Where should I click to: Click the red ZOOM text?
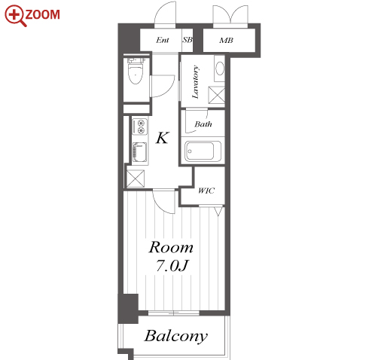pyautogui.click(x=43, y=14)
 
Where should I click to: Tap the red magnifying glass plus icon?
pyautogui.click(x=15, y=16)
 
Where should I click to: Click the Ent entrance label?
pyautogui.click(x=163, y=40)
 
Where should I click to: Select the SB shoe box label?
pyautogui.click(x=187, y=40)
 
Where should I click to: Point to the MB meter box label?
pyautogui.click(x=226, y=40)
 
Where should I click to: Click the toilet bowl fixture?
pyautogui.click(x=136, y=71)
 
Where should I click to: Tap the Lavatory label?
pyautogui.click(x=195, y=82)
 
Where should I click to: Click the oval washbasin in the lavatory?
pyautogui.click(x=220, y=68)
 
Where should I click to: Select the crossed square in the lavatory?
pyautogui.click(x=217, y=95)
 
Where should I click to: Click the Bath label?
pyautogui.click(x=203, y=124)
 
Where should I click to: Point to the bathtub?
pyautogui.click(x=203, y=151)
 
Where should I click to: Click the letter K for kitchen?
pyautogui.click(x=162, y=138)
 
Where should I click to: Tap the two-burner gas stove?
pyautogui.click(x=140, y=127)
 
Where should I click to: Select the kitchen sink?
pyautogui.click(x=140, y=152)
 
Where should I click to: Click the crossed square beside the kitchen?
pyautogui.click(x=136, y=178)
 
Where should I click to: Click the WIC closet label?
pyautogui.click(x=206, y=191)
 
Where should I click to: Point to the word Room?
pyautogui.click(x=171, y=247)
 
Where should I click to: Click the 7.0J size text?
pyautogui.click(x=172, y=266)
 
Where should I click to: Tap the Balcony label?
pyautogui.click(x=176, y=336)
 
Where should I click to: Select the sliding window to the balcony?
pyautogui.click(x=174, y=313)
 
